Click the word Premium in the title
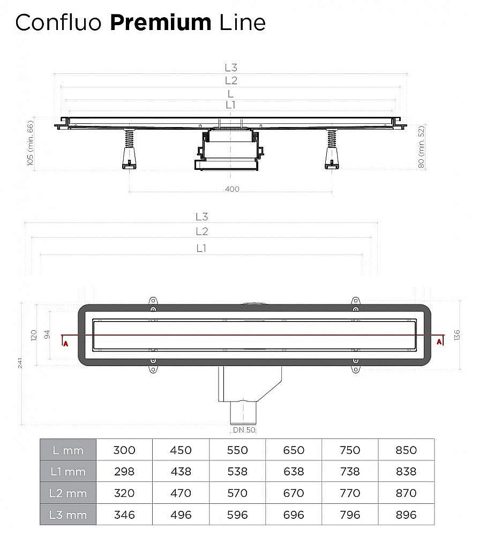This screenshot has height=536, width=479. tap(161, 23)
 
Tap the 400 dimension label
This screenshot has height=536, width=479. tap(232, 189)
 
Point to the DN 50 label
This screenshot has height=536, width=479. tap(244, 430)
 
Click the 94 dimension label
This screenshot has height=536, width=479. tap(47, 335)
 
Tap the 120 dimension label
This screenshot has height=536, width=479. tap(33, 336)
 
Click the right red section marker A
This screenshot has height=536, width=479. tap(439, 341)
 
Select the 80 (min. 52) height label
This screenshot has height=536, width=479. tap(421, 147)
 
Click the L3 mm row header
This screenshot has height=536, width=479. tap(68, 515)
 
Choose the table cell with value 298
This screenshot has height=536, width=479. tap(124, 472)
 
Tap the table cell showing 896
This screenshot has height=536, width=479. tap(406, 515)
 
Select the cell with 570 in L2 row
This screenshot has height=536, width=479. tap(237, 493)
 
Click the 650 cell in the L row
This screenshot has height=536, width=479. tap(294, 450)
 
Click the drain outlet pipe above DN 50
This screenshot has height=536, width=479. tap(244, 413)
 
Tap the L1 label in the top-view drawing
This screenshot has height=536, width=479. tap(201, 248)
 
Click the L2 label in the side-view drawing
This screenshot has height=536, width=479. tap(231, 80)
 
